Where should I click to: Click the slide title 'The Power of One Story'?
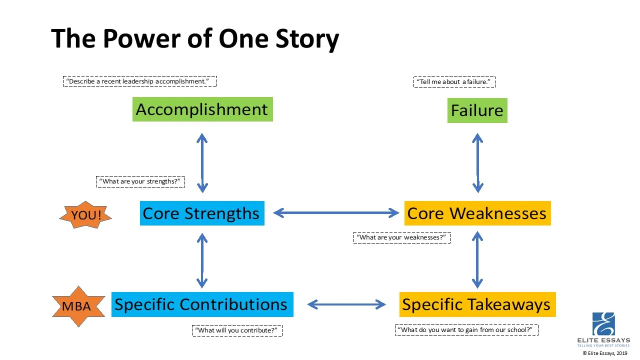(195, 39)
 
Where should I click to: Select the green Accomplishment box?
(202, 109)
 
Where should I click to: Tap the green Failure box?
(477, 110)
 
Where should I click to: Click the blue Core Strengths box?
(201, 213)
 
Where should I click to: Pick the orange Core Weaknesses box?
(477, 213)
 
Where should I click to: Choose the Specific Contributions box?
(201, 304)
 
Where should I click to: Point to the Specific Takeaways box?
(477, 304)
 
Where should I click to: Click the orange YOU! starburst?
(85, 215)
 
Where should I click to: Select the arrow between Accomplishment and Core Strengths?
(202, 163)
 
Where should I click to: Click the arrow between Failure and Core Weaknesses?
(477, 163)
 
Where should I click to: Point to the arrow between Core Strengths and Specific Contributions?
(202, 260)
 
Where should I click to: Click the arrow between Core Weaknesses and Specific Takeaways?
(477, 260)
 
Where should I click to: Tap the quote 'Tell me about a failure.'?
(454, 82)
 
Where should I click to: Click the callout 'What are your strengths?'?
(140, 181)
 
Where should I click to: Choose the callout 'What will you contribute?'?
(237, 330)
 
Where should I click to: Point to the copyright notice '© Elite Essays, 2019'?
(604, 353)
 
